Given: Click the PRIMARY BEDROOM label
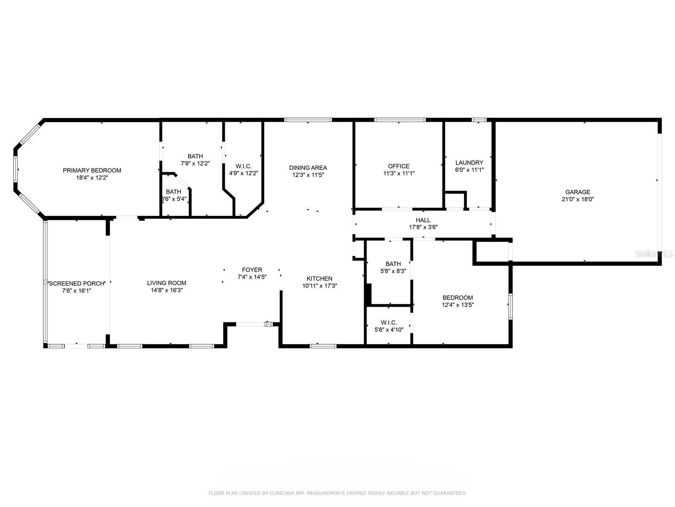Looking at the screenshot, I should (92, 170).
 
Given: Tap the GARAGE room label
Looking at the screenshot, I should (578, 192).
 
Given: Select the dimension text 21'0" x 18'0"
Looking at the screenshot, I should (578, 199).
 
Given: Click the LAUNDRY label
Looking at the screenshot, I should (469, 163).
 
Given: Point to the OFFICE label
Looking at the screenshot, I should (399, 166).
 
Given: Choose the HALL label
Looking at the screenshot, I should (423, 220).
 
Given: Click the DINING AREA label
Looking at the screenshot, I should (308, 168).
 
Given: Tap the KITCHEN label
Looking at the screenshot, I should (319, 278).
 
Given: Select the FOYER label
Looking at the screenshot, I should (252, 270).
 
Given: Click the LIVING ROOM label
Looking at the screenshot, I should (167, 283).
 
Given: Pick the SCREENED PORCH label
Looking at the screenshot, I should (76, 283).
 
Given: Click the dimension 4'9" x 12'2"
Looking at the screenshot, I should (243, 173).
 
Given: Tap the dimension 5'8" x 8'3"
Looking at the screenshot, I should (393, 271).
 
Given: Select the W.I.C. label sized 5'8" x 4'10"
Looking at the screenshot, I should (389, 323).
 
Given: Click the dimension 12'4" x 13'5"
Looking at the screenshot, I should (458, 305).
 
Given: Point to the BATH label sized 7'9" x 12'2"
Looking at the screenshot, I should (195, 156).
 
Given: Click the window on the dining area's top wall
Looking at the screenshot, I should (308, 120).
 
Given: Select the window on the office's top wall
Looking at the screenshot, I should (400, 120).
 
